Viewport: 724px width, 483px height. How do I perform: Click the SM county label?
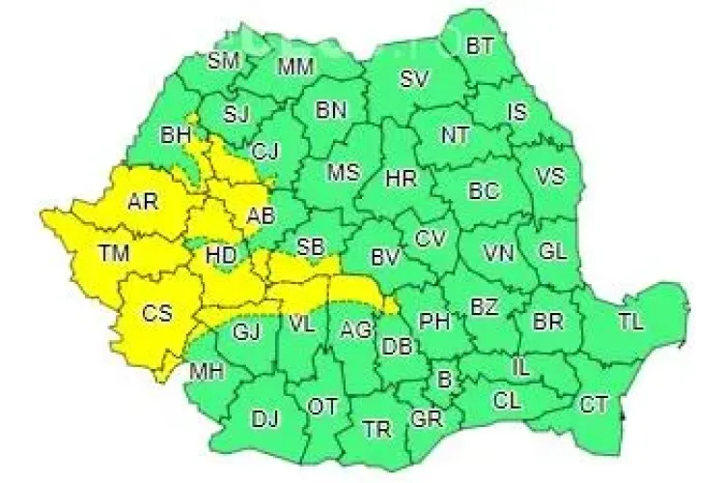pyautogui.click(x=223, y=60)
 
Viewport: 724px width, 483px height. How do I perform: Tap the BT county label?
pyautogui.click(x=480, y=45)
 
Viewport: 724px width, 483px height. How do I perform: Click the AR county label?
pyautogui.click(x=143, y=201)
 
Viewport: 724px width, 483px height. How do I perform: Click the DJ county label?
pyautogui.click(x=265, y=418)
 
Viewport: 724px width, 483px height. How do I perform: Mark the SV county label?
pyautogui.click(x=414, y=78)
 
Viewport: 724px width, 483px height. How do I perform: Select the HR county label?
pyautogui.click(x=401, y=179)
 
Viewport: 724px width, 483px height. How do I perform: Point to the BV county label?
pyautogui.click(x=386, y=256)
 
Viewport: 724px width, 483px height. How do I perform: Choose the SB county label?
pyautogui.click(x=310, y=246)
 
